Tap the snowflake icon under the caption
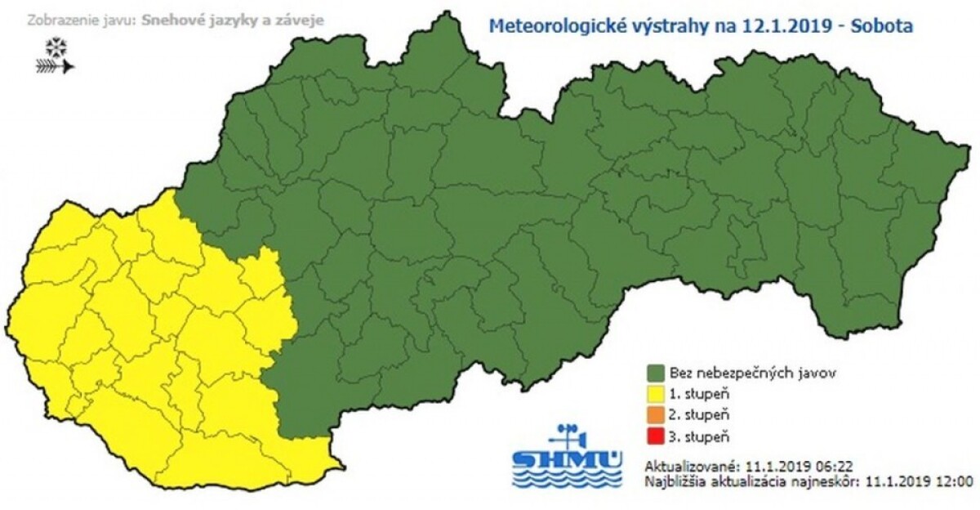pos(55,46)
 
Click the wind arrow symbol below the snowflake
pos(55,66)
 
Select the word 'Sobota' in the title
pos(882,25)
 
